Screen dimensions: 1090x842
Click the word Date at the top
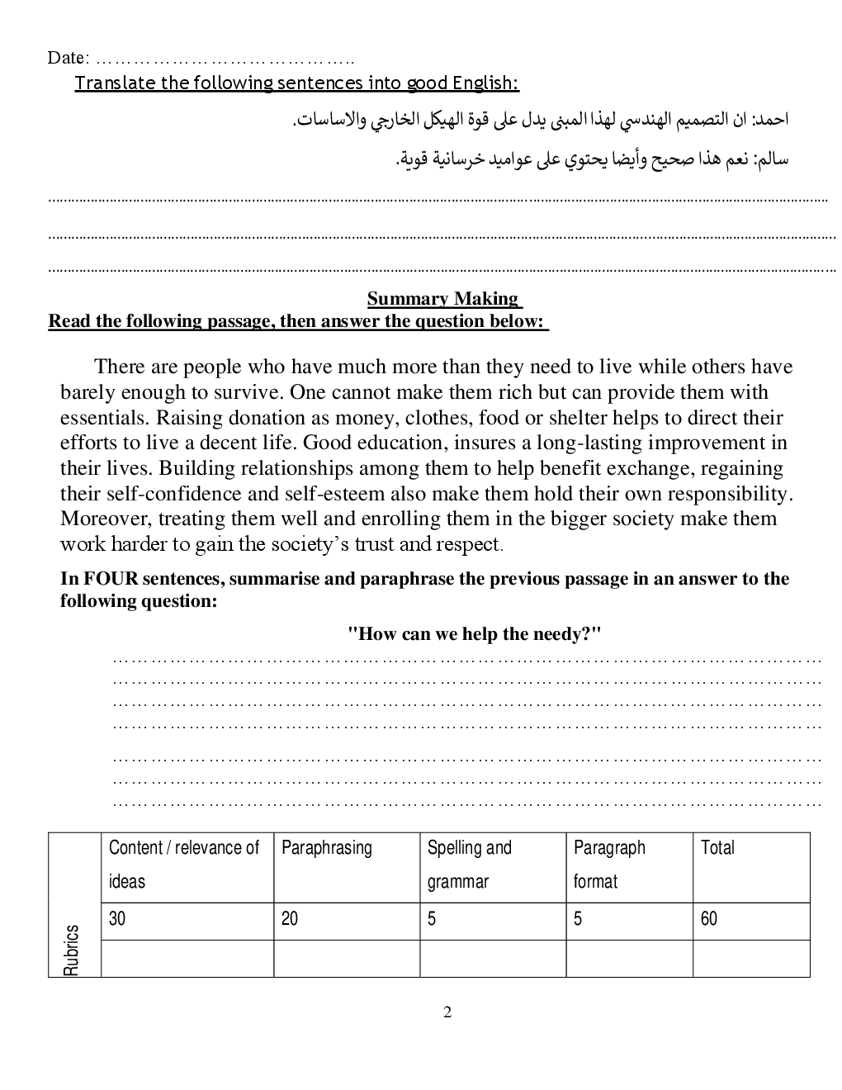point(66,58)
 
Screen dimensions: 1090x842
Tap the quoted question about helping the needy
point(474,634)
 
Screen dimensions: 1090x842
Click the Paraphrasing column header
point(327,848)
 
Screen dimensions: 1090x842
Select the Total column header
point(717,848)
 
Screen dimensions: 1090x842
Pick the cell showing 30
point(117,919)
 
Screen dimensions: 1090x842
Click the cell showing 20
point(290,919)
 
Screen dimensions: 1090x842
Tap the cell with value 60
point(709,919)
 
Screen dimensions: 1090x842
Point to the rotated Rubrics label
point(73,950)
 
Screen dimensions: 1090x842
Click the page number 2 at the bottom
point(447,1012)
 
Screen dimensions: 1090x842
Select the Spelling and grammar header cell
point(469,865)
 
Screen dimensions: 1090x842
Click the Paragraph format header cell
point(609,865)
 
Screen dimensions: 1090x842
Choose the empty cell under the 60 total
point(750,958)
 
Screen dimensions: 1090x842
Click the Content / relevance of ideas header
point(184,865)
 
